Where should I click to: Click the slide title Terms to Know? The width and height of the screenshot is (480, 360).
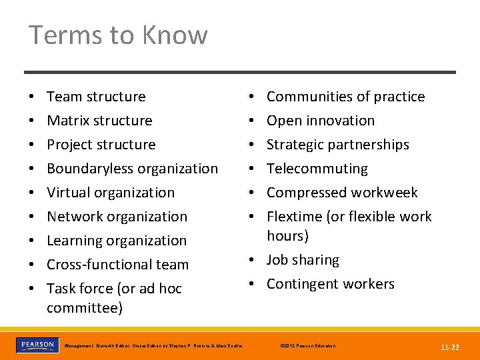pos(118,35)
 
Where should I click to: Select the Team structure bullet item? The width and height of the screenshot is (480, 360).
pos(96,97)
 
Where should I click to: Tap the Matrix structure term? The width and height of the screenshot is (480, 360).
pos(99,121)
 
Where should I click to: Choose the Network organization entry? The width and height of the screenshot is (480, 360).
pos(117,217)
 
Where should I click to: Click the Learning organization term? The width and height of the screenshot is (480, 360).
pos(117,241)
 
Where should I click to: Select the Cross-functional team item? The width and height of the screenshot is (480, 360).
pos(117,265)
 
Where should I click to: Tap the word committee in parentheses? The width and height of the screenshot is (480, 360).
pos(82,308)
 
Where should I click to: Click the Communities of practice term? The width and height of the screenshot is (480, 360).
pos(345,97)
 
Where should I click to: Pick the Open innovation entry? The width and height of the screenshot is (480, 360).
pos(321,121)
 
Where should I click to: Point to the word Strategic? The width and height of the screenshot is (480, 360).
pos(296,145)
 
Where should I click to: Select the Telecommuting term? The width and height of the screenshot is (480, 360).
pos(317,169)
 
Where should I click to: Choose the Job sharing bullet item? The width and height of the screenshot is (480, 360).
pos(303,260)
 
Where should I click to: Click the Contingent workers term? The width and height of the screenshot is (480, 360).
pos(331,284)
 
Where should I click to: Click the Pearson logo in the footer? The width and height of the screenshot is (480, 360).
pos(37,345)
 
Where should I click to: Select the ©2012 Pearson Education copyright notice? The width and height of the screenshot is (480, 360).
pos(308,346)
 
